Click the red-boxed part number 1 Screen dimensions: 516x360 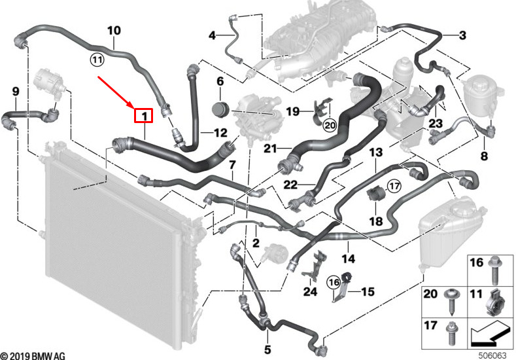point(143,116)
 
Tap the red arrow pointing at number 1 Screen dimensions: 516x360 point(116,92)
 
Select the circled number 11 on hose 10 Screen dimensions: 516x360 point(97,60)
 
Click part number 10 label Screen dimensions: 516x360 point(114,31)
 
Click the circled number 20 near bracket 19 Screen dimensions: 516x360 point(330,125)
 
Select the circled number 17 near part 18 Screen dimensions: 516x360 point(394,187)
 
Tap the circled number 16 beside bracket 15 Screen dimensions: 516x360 point(334,282)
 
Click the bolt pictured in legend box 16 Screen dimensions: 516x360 point(495,270)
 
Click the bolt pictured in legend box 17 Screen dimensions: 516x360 point(451,333)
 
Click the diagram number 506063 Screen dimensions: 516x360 point(492,355)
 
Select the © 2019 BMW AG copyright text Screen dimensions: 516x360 point(33,355)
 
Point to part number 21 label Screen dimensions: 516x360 point(270,149)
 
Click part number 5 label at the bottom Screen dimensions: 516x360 point(267,350)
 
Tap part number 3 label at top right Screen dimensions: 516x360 point(462,35)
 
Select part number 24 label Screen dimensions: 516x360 point(310,292)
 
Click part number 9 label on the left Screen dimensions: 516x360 point(16,92)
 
